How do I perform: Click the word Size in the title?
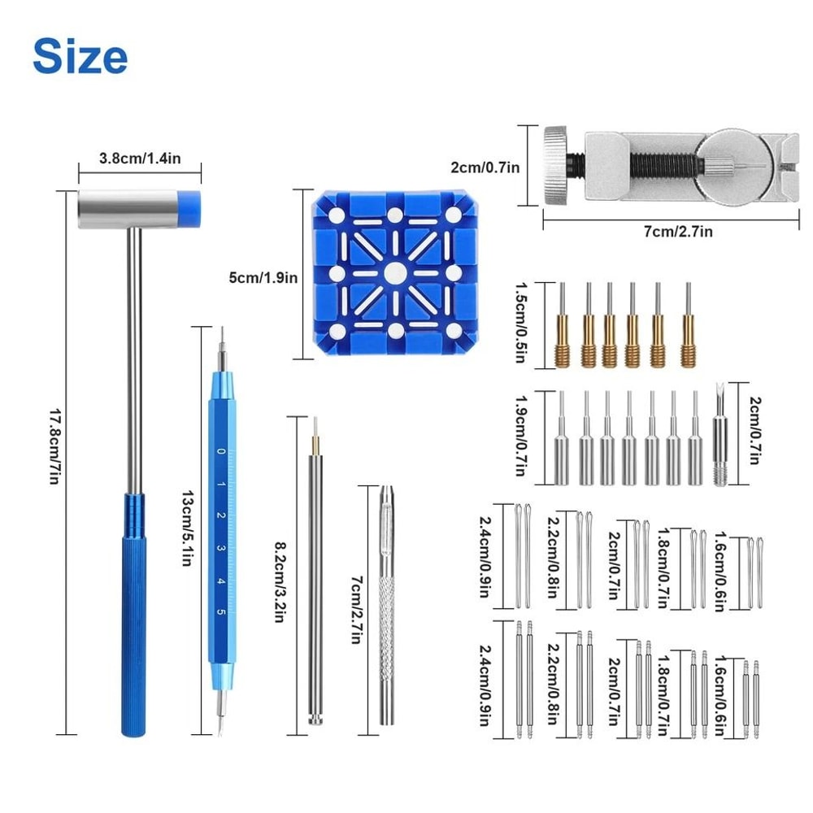pyautogui.click(x=80, y=56)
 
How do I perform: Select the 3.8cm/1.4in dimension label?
pyautogui.click(x=139, y=159)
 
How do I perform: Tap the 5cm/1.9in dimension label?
pyautogui.click(x=263, y=276)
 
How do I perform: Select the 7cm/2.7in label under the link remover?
pyautogui.click(x=678, y=232)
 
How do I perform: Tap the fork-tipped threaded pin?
pyautogui.click(x=719, y=439)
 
